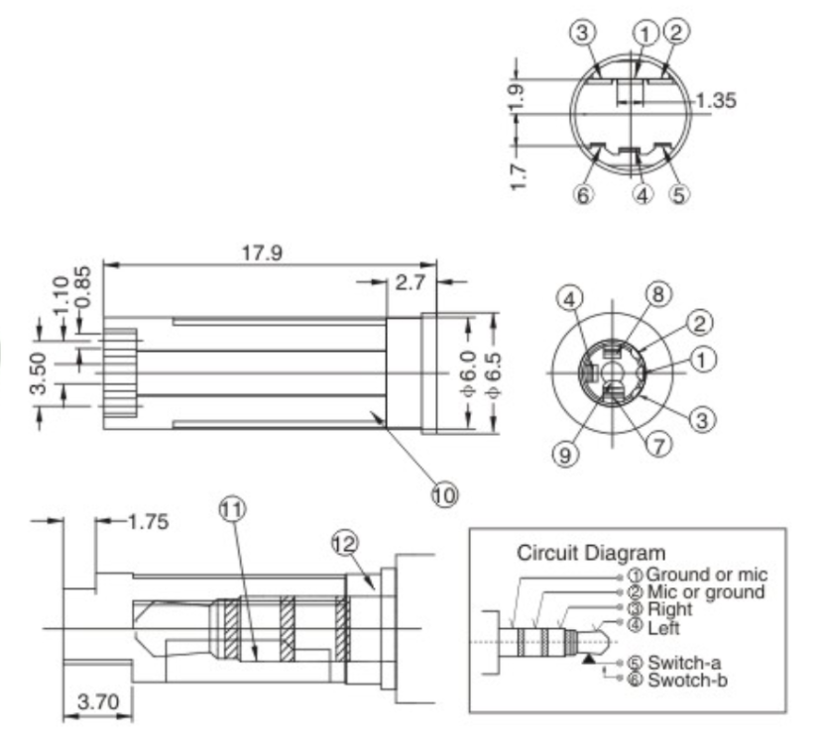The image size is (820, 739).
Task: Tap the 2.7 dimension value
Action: point(409,283)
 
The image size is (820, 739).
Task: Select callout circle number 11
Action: point(231,510)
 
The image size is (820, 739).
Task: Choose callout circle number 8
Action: point(656,294)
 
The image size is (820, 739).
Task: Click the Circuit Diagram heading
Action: point(592,553)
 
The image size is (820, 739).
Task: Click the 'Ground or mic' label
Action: point(706,575)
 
